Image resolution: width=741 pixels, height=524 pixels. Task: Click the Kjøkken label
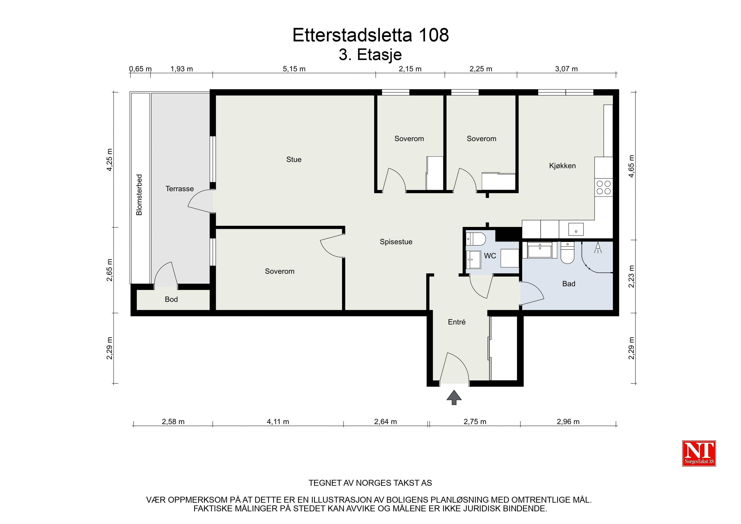coord(562,166)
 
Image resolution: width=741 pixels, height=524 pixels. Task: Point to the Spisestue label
coord(396,242)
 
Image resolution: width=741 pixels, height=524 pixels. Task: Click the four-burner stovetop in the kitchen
coord(603,188)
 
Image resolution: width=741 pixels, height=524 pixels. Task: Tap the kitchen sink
coord(576,229)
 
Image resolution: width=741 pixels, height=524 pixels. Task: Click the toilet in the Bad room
coord(567,253)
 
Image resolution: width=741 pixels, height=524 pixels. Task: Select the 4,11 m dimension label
coord(278,422)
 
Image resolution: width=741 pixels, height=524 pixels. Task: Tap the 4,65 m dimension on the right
coord(631,166)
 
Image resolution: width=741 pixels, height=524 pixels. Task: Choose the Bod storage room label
coord(171,299)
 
